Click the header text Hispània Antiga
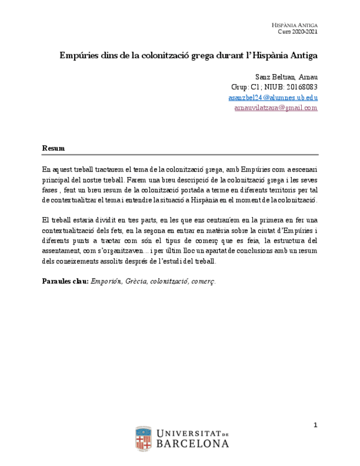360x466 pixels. pos(295,25)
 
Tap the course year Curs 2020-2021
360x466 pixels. pos(297,32)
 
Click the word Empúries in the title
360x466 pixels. pos(79,56)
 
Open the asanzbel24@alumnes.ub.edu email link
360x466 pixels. pos(273,98)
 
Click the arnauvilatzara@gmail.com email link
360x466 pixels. pos(275,108)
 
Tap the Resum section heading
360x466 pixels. pos(53,148)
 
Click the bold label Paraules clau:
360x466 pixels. pos(65,281)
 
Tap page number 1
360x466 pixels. pos(315,425)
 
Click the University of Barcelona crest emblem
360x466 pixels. pos(143,439)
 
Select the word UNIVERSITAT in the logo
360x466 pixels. pos(185,433)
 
